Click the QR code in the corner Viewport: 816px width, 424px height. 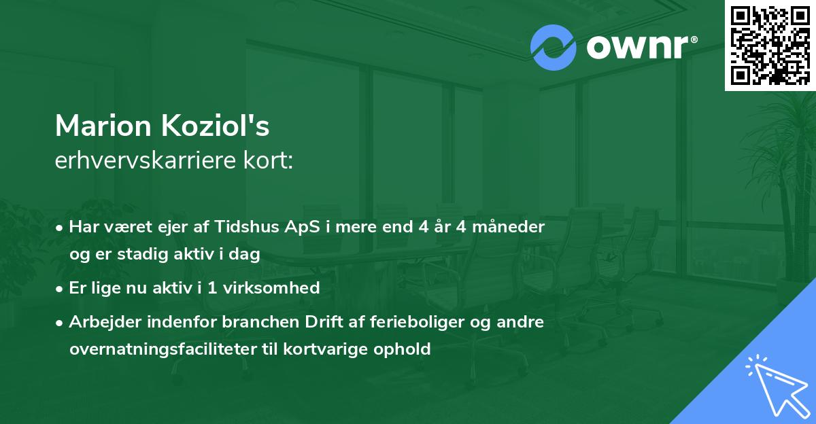click(x=770, y=45)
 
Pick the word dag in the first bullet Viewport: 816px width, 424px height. click(x=247, y=254)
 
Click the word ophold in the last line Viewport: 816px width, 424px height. click(x=408, y=349)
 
